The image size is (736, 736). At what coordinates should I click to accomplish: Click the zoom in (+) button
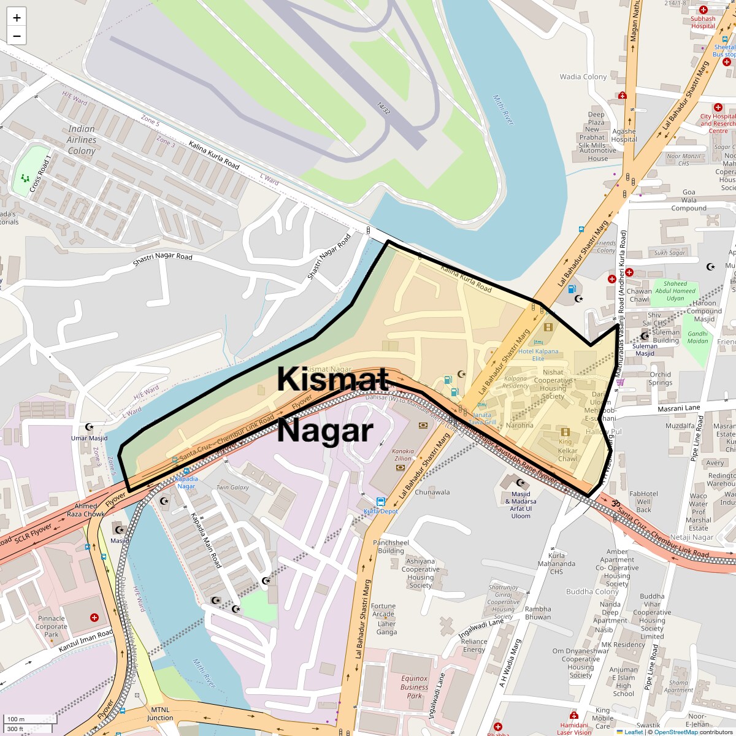tap(17, 18)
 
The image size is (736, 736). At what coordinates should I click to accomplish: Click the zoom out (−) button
tap(17, 36)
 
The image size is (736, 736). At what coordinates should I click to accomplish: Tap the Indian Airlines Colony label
tap(82, 140)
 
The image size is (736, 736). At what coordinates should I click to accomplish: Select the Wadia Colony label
tap(583, 77)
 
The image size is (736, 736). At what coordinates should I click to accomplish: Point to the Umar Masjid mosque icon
tap(90, 427)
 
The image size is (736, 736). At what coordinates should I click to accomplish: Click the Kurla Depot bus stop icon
tap(381, 502)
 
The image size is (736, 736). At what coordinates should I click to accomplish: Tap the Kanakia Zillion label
tap(403, 454)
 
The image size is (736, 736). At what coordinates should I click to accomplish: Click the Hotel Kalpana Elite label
tap(539, 355)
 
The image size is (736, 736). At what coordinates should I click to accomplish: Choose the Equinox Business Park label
tap(415, 687)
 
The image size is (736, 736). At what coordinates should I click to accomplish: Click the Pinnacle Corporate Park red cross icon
tap(94, 617)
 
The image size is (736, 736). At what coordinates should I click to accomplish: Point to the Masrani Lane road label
tap(678, 408)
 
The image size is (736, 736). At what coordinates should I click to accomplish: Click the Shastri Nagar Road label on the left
tap(163, 260)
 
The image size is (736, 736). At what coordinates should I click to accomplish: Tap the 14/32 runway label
tap(383, 108)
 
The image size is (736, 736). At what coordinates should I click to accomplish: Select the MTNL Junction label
tap(160, 713)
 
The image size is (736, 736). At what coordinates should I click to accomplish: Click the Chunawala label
tap(432, 493)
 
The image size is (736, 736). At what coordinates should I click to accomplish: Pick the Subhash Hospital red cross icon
tap(703, 10)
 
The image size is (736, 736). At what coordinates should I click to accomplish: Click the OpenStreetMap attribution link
tap(675, 732)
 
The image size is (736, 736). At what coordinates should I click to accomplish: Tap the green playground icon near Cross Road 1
tap(25, 178)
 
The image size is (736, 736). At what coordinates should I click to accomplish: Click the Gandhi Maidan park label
tap(697, 337)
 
